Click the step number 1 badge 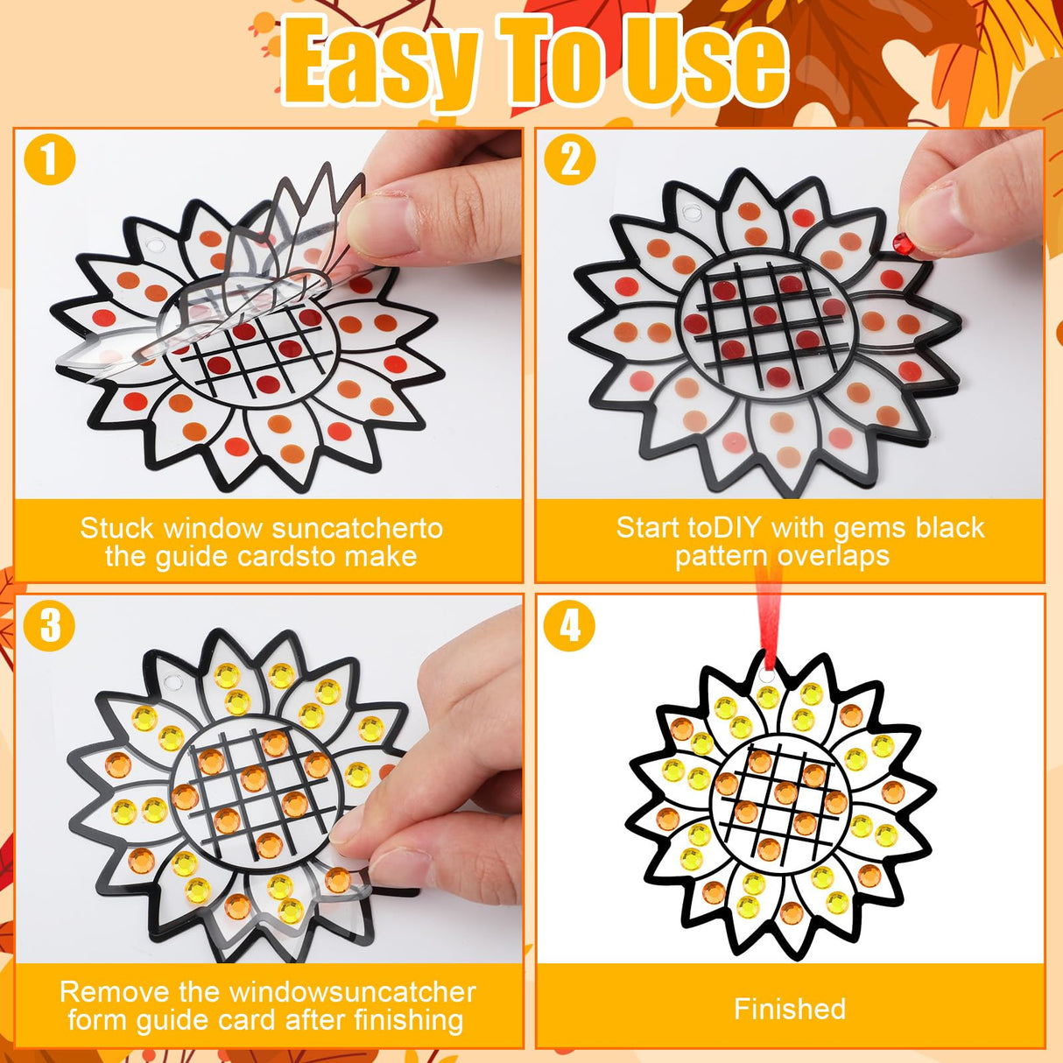click(x=49, y=160)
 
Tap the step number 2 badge click(x=570, y=160)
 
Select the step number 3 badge click(x=49, y=625)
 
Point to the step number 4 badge click(x=570, y=625)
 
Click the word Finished click(x=790, y=1009)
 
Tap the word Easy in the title click(x=382, y=63)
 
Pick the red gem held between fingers click(x=902, y=241)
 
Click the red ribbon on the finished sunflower click(x=768, y=613)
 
